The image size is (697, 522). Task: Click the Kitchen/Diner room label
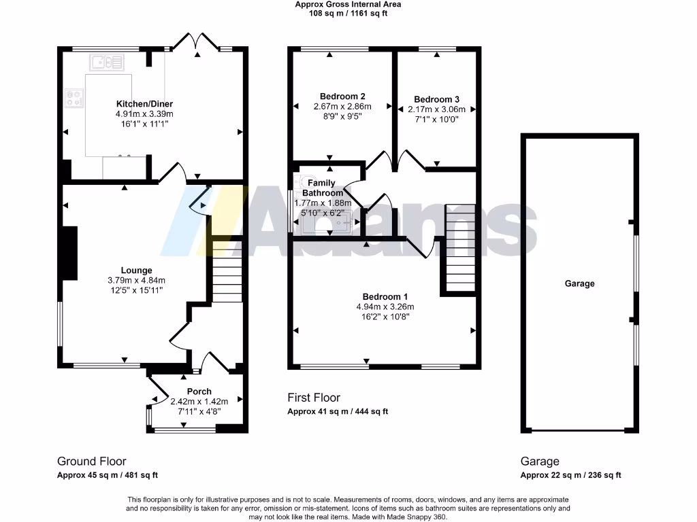coord(144,104)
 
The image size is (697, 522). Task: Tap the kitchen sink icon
coord(106,63)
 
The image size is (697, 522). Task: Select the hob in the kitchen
coord(74,99)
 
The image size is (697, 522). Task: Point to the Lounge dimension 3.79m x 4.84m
coord(136,280)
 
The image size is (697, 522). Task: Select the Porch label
coord(199,391)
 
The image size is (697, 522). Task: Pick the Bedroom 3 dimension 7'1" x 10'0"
coord(436,119)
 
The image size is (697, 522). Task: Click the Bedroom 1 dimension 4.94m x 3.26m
coord(385,307)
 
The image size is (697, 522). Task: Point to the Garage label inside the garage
coord(579,283)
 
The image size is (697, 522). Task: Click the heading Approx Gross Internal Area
coord(348,4)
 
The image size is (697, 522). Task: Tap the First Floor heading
coord(313,398)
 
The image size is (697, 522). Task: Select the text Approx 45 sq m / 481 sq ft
coord(107,475)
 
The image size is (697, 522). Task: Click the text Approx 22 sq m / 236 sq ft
coord(570,475)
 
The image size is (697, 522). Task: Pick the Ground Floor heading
coord(91,461)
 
